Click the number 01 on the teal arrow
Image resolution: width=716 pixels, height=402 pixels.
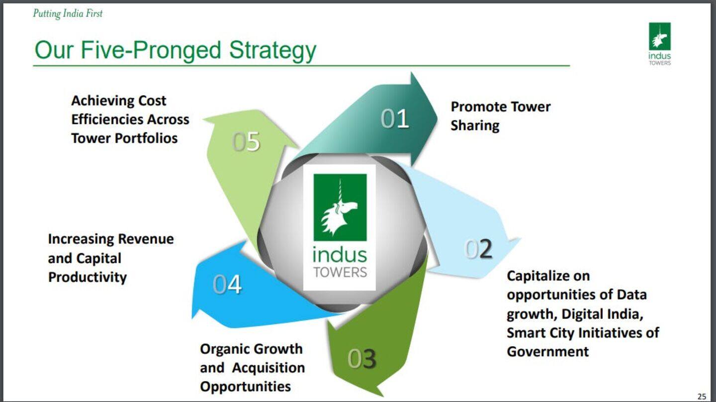point(395,119)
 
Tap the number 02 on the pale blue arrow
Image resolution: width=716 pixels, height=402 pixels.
point(478,249)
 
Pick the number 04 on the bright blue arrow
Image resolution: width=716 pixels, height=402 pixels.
point(227,285)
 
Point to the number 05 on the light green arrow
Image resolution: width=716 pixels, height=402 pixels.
point(246,142)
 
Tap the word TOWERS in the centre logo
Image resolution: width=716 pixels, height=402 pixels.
point(340,272)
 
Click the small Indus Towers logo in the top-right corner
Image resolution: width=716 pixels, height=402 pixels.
point(659,44)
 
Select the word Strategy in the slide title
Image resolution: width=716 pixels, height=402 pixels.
point(272,50)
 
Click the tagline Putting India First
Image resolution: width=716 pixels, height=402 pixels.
point(68,13)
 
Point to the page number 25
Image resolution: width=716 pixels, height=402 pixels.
point(702,396)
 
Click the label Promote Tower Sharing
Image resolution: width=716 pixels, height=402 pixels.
point(500,116)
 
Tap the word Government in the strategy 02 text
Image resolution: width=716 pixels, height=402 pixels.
point(547,352)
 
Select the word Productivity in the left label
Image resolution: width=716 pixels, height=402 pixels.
point(88,277)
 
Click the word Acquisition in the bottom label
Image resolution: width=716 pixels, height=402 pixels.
point(268,368)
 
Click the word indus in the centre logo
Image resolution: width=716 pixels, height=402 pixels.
point(340,255)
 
